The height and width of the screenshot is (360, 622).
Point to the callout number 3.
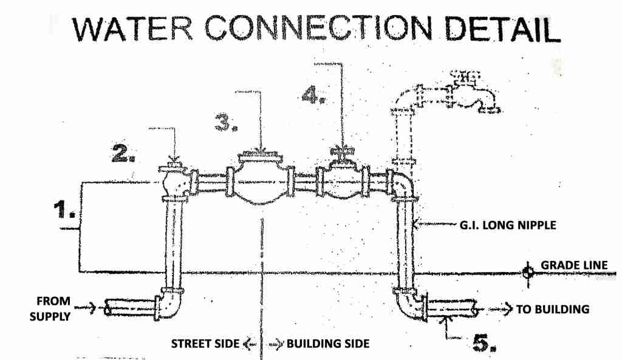226,123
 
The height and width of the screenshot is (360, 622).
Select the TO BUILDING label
553,309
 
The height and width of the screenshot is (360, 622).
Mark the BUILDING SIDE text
327,344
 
